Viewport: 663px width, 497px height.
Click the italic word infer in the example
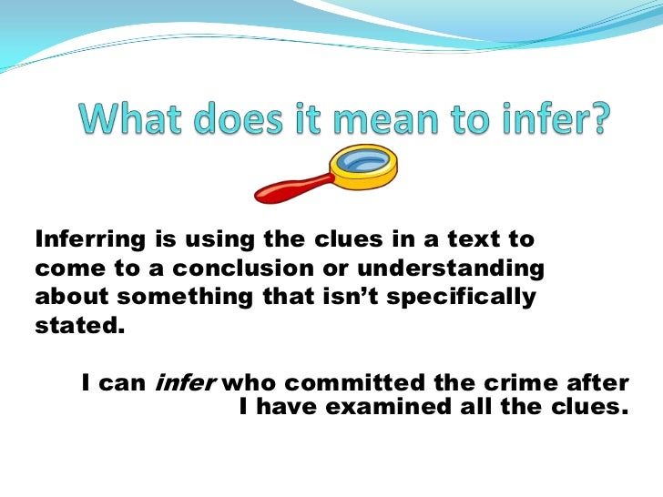(185, 383)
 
